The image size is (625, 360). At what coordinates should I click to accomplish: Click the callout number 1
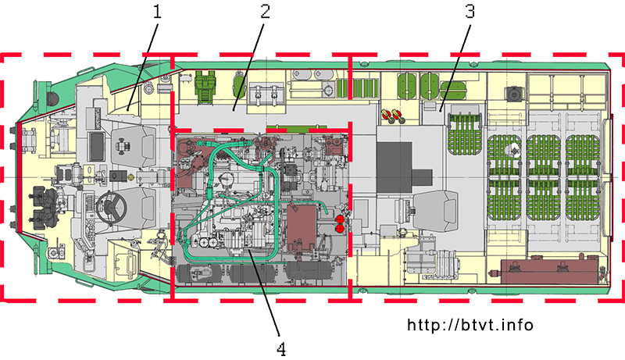(158, 12)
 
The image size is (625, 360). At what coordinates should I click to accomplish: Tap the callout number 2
(265, 11)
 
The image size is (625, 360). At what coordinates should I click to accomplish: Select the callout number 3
(470, 12)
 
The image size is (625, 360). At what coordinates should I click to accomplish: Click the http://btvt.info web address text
(470, 325)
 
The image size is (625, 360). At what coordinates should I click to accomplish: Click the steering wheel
(111, 207)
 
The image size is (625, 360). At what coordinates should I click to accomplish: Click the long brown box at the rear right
(550, 271)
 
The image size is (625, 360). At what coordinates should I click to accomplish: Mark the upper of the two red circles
(340, 219)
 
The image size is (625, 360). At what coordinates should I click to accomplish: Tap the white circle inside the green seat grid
(512, 150)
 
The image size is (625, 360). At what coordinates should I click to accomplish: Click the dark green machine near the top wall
(205, 83)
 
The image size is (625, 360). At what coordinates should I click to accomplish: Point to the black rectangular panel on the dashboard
(96, 147)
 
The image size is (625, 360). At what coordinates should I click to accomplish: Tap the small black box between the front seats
(119, 176)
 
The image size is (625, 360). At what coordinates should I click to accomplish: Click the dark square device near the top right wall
(513, 94)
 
